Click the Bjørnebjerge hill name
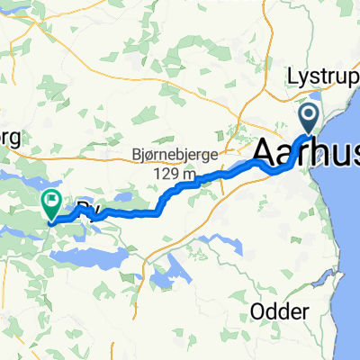pos(172,129)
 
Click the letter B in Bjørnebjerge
pos(137,129)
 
